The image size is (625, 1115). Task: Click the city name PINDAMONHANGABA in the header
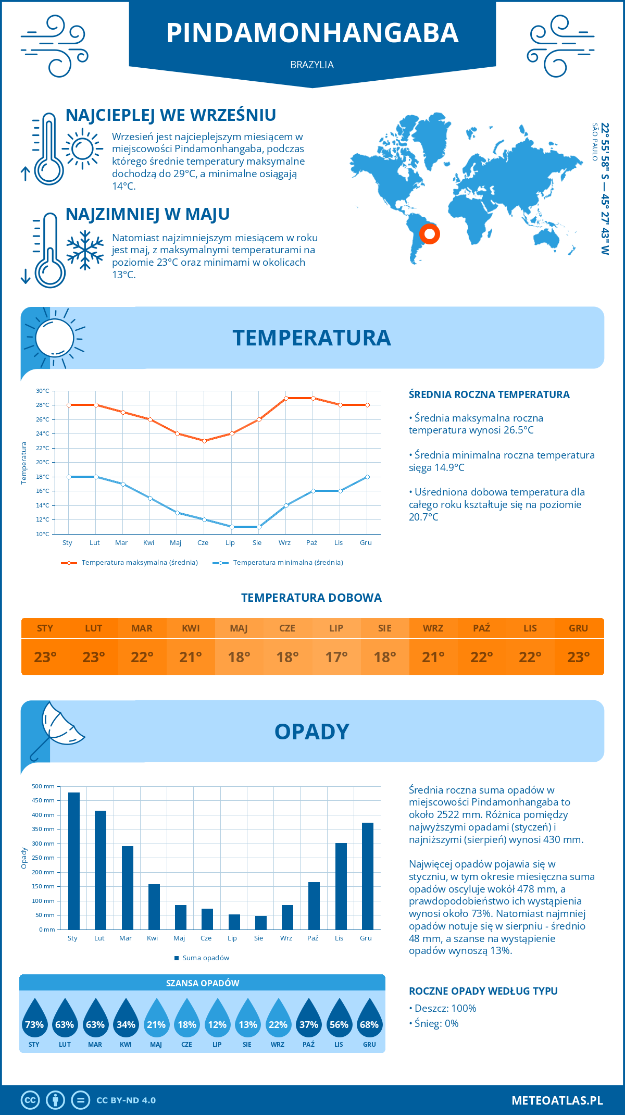pyautogui.click(x=312, y=32)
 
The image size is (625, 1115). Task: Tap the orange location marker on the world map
pyautogui.click(x=430, y=233)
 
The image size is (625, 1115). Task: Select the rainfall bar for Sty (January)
pyautogui.click(x=74, y=861)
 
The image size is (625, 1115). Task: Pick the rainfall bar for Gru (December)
pyautogui.click(x=368, y=876)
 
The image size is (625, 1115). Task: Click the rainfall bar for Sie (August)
pyautogui.click(x=261, y=922)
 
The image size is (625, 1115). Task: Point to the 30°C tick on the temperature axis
pyautogui.click(x=43, y=391)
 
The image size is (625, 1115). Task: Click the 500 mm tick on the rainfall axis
pyautogui.click(x=44, y=786)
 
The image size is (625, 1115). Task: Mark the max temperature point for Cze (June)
pyautogui.click(x=204, y=441)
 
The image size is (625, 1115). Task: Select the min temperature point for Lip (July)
pyautogui.click(x=232, y=527)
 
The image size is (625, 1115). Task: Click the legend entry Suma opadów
pyautogui.click(x=205, y=958)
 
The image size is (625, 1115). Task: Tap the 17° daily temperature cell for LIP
pyautogui.click(x=336, y=657)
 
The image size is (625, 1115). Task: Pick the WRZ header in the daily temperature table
pyautogui.click(x=433, y=628)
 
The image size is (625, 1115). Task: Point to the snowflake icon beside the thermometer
pyautogui.click(x=85, y=250)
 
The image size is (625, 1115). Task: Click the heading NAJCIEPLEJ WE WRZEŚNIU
pyautogui.click(x=171, y=115)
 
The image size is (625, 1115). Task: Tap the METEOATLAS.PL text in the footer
pyautogui.click(x=557, y=1100)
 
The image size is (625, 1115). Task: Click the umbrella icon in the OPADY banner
pyautogui.click(x=56, y=728)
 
